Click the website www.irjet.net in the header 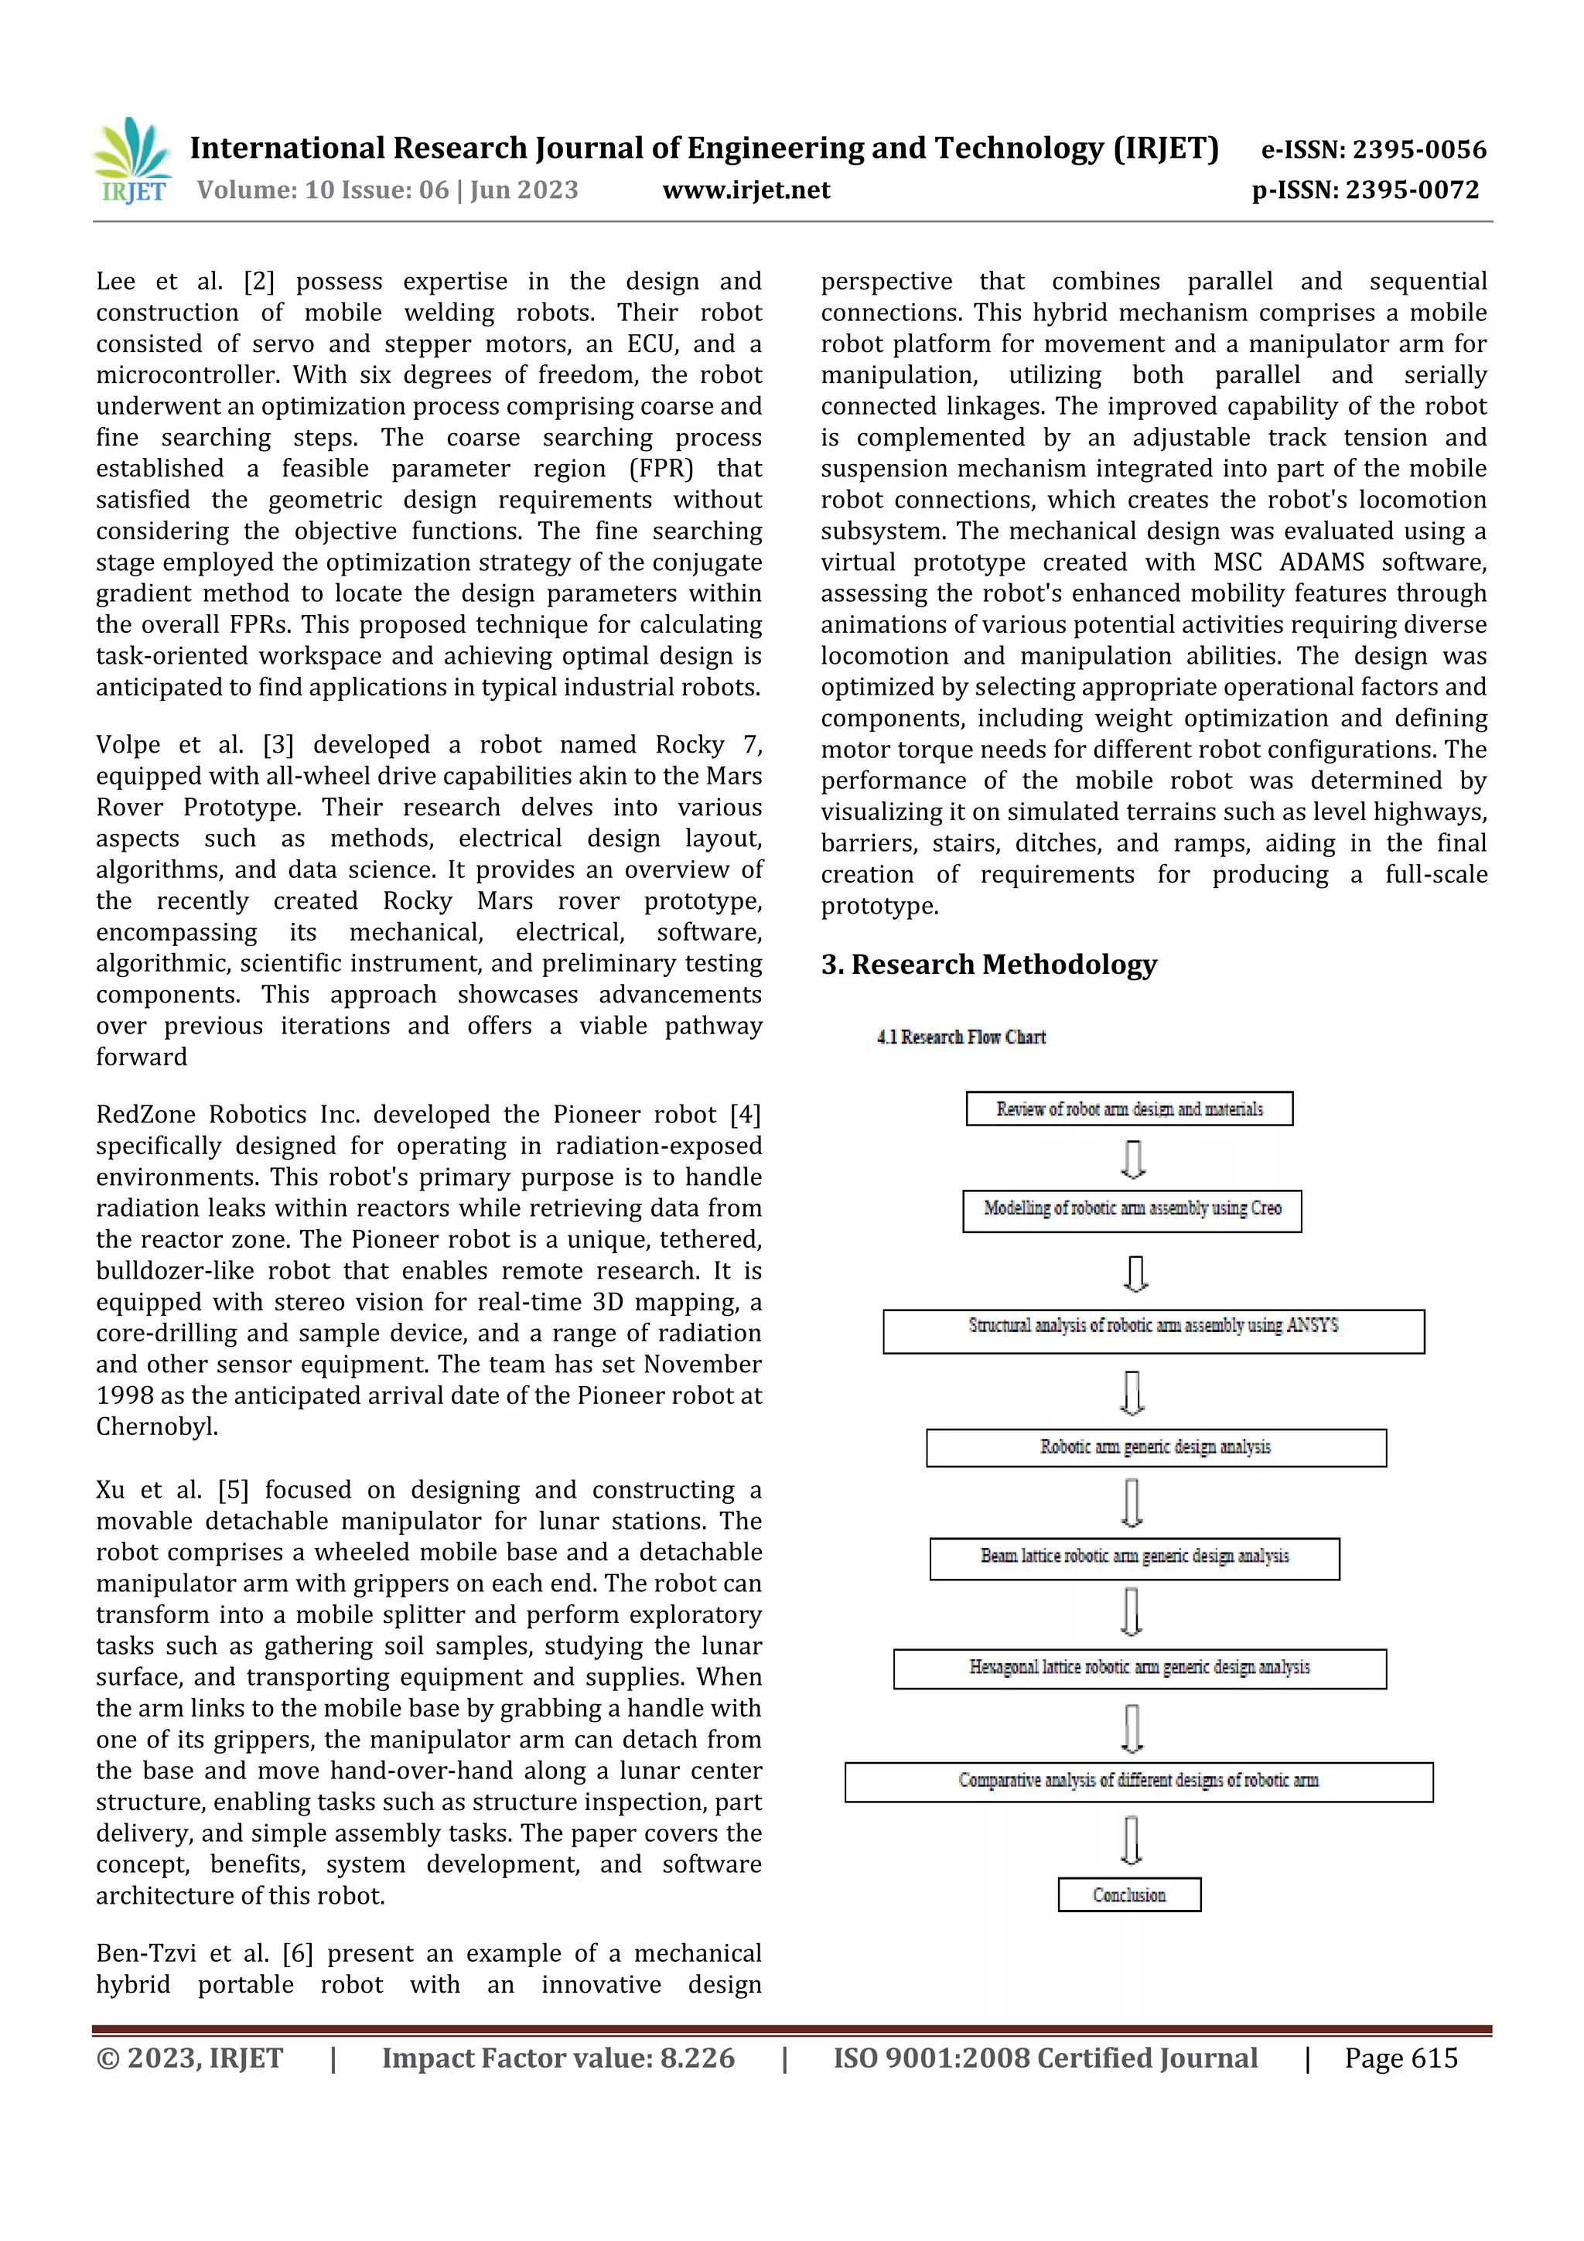tap(746, 190)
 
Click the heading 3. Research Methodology tap(988, 965)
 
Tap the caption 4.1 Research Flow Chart tap(961, 1037)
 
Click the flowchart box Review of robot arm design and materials tap(1128, 1109)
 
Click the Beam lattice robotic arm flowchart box tap(1134, 1558)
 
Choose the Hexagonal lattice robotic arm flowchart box tap(1139, 1668)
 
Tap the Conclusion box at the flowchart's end tap(1128, 1894)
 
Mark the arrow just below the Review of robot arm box tap(1132, 1159)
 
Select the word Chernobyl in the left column tap(155, 1427)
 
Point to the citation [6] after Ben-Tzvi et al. tap(297, 1953)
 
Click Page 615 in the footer tap(1401, 2058)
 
